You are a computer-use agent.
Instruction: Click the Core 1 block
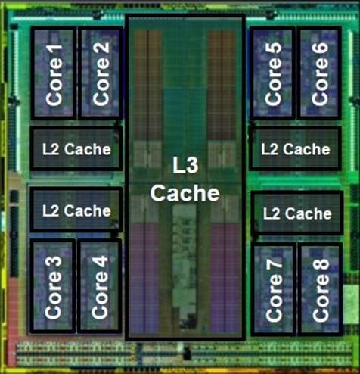pyautogui.click(x=54, y=73)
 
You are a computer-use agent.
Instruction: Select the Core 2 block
pyautogui.click(x=101, y=73)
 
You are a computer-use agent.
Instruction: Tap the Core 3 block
pyautogui.click(x=53, y=286)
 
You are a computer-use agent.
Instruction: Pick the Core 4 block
pyautogui.click(x=99, y=286)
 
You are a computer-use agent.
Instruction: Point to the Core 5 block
pyautogui.click(x=272, y=73)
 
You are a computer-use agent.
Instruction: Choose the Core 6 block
pyautogui.click(x=319, y=73)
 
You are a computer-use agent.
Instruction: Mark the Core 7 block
pyautogui.click(x=274, y=289)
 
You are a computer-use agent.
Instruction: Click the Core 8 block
pyautogui.click(x=321, y=289)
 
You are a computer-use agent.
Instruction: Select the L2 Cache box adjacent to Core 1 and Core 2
pyautogui.click(x=76, y=148)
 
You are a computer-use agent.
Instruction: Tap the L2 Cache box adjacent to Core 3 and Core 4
pyautogui.click(x=76, y=210)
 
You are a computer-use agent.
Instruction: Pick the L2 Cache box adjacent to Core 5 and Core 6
pyautogui.click(x=296, y=148)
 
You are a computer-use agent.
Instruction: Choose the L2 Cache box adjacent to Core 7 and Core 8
pyautogui.click(x=297, y=213)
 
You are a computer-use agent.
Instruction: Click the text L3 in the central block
pyautogui.click(x=185, y=165)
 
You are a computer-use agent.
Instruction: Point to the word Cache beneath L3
pyautogui.click(x=185, y=193)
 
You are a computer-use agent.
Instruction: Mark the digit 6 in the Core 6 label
pyautogui.click(x=320, y=50)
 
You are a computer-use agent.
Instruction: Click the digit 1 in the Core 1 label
pyautogui.click(x=54, y=51)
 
